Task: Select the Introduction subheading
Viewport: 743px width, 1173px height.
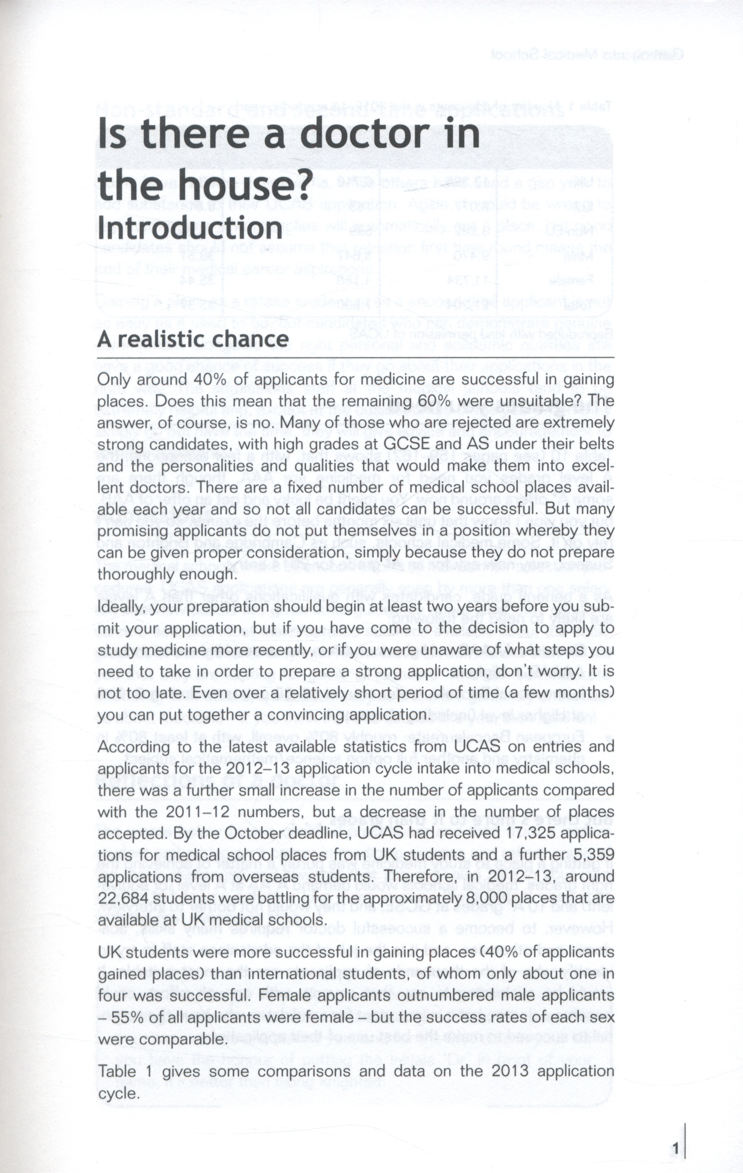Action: point(190,227)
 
